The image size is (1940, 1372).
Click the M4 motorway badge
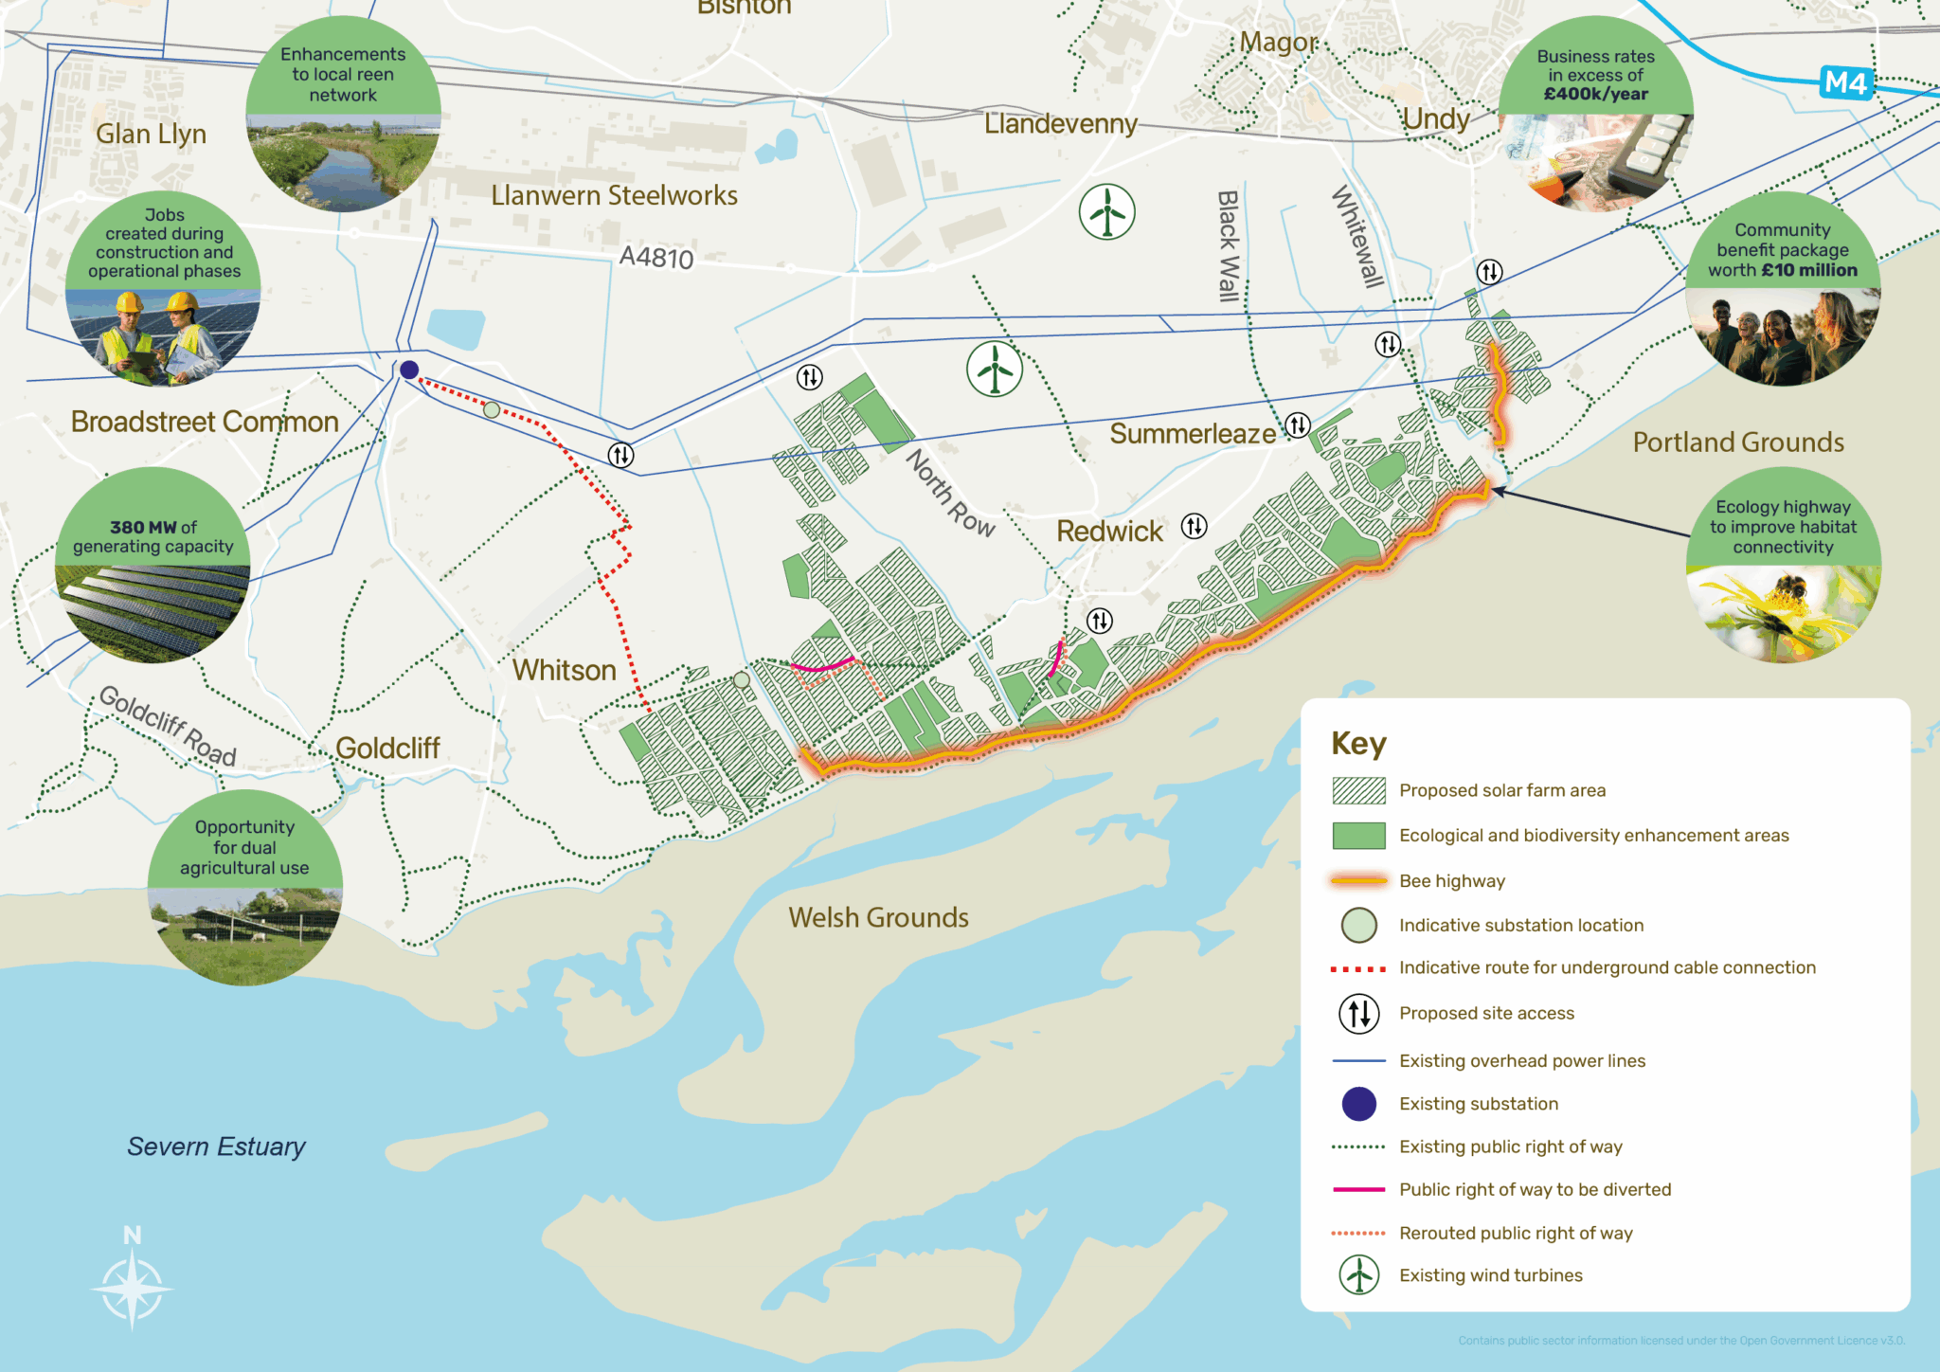pos(1845,83)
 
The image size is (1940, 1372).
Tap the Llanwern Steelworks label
pos(614,195)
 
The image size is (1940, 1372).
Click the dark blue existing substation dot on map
pos(409,370)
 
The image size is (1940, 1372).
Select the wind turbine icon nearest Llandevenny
pos(1106,212)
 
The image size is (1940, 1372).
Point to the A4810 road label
pos(656,257)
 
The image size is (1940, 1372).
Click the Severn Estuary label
pos(216,1146)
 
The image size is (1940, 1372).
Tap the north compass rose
pos(132,1284)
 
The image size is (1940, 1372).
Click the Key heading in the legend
pos(1358,743)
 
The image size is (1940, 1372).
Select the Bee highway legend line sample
pos(1358,880)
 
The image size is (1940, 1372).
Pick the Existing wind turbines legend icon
pos(1358,1274)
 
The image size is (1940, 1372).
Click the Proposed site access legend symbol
pos(1358,1013)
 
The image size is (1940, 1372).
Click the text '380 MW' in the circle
pos(139,527)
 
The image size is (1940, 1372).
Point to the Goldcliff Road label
pos(168,726)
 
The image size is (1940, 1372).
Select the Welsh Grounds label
pos(878,917)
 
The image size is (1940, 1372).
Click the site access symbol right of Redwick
pos(1195,526)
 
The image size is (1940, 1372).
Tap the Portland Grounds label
pos(1738,442)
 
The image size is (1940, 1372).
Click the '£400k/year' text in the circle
pos(1595,94)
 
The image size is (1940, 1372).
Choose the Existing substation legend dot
pos(1358,1104)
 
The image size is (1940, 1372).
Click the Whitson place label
pos(564,670)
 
